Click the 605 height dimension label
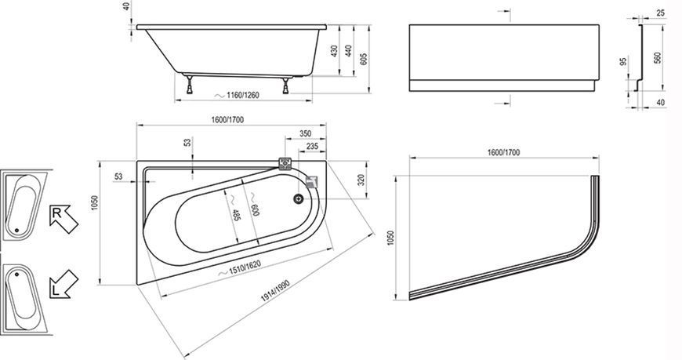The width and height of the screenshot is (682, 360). pyautogui.click(x=365, y=58)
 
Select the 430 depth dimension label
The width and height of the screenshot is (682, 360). pyautogui.click(x=335, y=53)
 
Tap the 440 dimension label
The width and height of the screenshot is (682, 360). pyautogui.click(x=348, y=51)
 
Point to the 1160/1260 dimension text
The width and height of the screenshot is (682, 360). pyautogui.click(x=243, y=95)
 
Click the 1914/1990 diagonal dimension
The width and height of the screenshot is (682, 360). pyautogui.click(x=275, y=291)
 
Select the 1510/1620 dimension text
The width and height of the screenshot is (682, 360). pyautogui.click(x=245, y=267)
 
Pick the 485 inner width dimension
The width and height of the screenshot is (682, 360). pyautogui.click(x=235, y=213)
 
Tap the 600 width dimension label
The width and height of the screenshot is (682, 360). pyautogui.click(x=255, y=210)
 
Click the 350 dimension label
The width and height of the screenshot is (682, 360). pyautogui.click(x=306, y=133)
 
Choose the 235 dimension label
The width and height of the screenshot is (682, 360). pyautogui.click(x=312, y=146)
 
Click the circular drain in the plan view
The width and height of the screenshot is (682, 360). pyautogui.click(x=299, y=198)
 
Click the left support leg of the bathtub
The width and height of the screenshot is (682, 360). pyautogui.click(x=190, y=85)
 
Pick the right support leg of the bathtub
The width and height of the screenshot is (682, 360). pyautogui.click(x=285, y=85)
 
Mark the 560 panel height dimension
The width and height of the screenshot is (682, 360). pyautogui.click(x=658, y=58)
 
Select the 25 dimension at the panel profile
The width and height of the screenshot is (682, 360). pyautogui.click(x=661, y=13)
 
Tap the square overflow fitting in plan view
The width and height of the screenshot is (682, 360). pyautogui.click(x=285, y=163)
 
